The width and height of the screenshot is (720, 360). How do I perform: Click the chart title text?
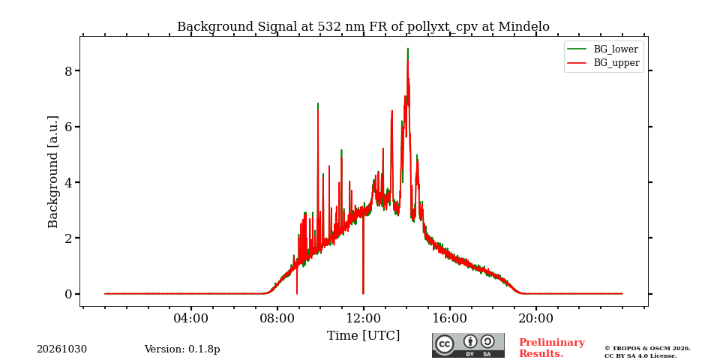[x=363, y=27]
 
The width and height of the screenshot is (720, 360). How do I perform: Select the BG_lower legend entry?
[x=603, y=49]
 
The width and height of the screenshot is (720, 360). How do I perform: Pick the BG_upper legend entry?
[x=603, y=63]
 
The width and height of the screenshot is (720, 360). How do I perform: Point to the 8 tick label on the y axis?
[x=69, y=70]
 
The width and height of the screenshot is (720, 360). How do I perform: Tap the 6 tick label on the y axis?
[x=69, y=127]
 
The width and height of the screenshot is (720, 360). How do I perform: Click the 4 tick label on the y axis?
[x=69, y=182]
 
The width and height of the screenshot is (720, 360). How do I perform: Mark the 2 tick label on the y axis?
[x=69, y=238]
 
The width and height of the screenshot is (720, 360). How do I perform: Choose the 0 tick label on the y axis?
[x=69, y=294]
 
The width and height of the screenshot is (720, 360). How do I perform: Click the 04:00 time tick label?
[x=191, y=318]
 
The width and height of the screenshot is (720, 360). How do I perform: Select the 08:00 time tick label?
[x=277, y=318]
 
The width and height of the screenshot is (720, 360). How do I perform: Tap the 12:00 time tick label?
[x=363, y=318]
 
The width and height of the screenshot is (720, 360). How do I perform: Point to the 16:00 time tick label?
[x=449, y=318]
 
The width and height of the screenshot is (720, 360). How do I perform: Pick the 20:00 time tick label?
[x=535, y=318]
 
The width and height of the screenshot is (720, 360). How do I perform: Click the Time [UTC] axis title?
[x=363, y=336]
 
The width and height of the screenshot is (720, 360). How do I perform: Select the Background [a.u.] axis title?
[x=53, y=172]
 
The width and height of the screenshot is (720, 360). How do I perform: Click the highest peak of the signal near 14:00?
[x=408, y=49]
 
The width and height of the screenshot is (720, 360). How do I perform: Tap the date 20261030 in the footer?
[x=62, y=349]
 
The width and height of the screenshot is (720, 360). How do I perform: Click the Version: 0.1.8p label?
[x=182, y=349]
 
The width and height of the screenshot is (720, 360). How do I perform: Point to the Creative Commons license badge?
[x=468, y=345]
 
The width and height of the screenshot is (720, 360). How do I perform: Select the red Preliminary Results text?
[x=552, y=348]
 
